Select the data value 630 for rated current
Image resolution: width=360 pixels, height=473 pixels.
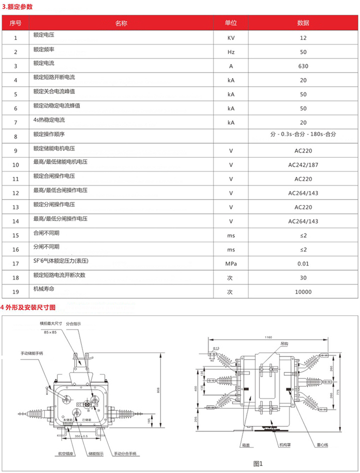coord(303,66)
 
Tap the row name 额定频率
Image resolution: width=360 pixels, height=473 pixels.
coord(44,50)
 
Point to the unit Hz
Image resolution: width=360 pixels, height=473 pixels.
coord(230,52)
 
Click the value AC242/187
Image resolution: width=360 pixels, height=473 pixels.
coord(303,164)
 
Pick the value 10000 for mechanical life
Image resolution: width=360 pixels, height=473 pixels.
coord(303,292)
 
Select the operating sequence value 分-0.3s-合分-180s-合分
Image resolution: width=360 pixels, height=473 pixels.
coord(303,134)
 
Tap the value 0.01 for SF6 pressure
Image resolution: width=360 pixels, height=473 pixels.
coord(303,263)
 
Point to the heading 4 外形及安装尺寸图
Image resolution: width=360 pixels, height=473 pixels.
coord(28,306)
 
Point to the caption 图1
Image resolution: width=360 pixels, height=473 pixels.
coord(258,463)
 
